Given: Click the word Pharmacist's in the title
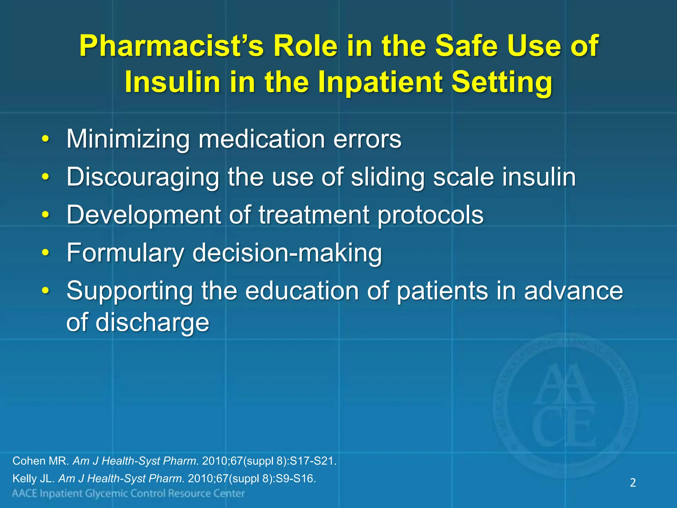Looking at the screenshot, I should coord(171,46).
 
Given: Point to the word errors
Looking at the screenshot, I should coord(367,139).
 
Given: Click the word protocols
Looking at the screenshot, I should coord(430,215).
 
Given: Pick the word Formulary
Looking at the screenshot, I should coord(125,253).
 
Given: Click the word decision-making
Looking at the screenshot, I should coord(287,253).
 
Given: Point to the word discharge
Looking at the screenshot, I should coord(152,322).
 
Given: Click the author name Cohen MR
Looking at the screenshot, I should coord(40,461).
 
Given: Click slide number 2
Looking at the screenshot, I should coord(633,483).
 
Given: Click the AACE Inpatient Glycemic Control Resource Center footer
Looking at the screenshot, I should coord(128,494).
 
